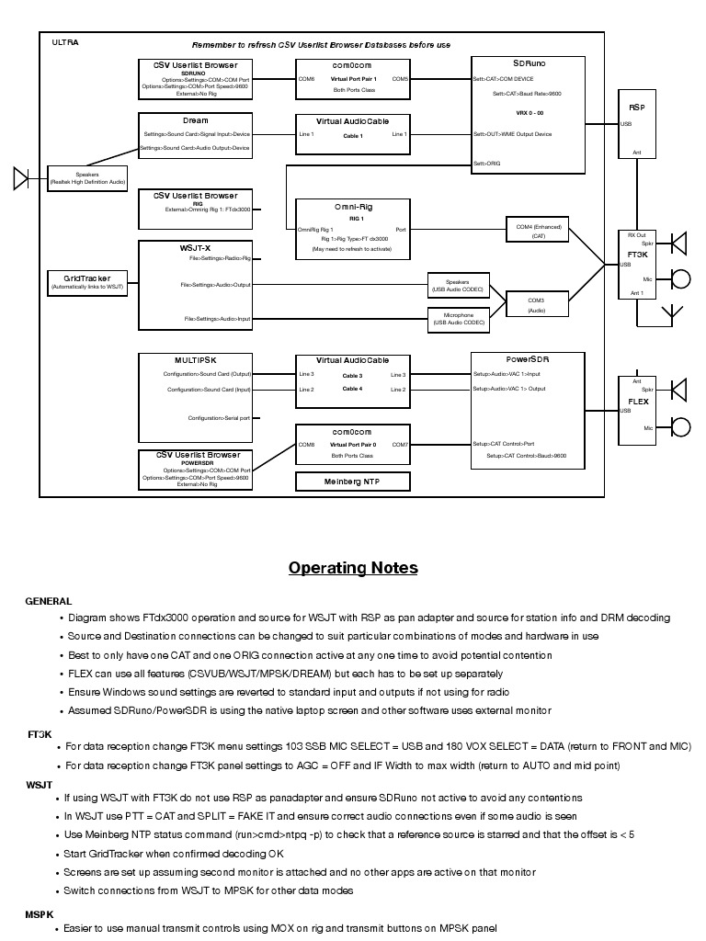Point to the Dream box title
[195, 120]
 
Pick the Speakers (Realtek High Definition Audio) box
[87, 177]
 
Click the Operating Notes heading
[353, 567]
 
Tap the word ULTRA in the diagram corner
[64, 42]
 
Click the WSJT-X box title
[195, 248]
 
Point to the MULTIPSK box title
[195, 359]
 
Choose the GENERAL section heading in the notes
[49, 601]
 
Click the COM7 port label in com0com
[401, 445]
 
